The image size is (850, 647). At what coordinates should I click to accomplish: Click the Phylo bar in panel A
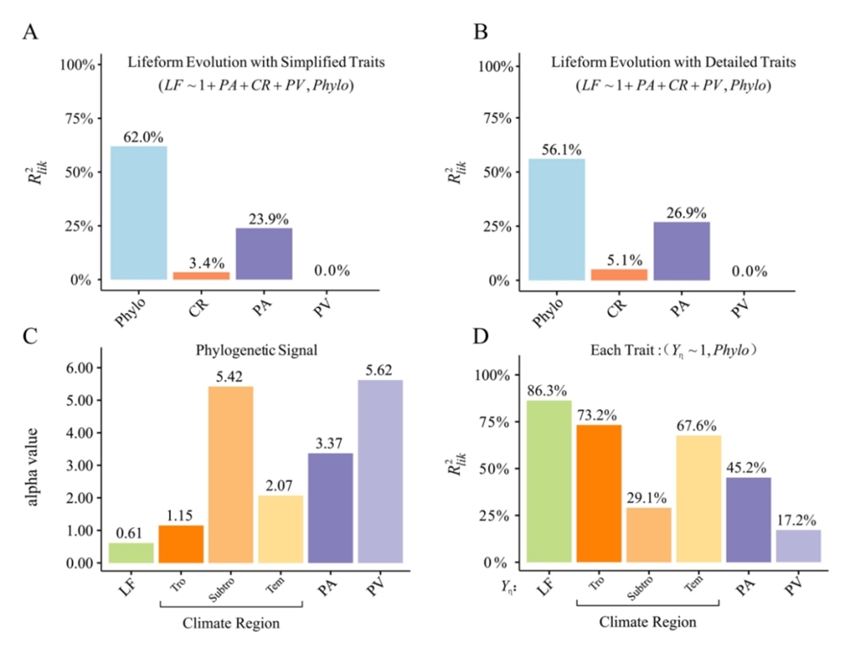tap(138, 213)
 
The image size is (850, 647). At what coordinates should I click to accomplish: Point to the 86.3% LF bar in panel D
tap(549, 481)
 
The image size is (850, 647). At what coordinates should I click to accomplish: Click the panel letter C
tap(31, 336)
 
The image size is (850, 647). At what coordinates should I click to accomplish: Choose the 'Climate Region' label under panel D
tap(648, 622)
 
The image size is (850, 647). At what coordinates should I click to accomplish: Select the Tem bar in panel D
tap(699, 498)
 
